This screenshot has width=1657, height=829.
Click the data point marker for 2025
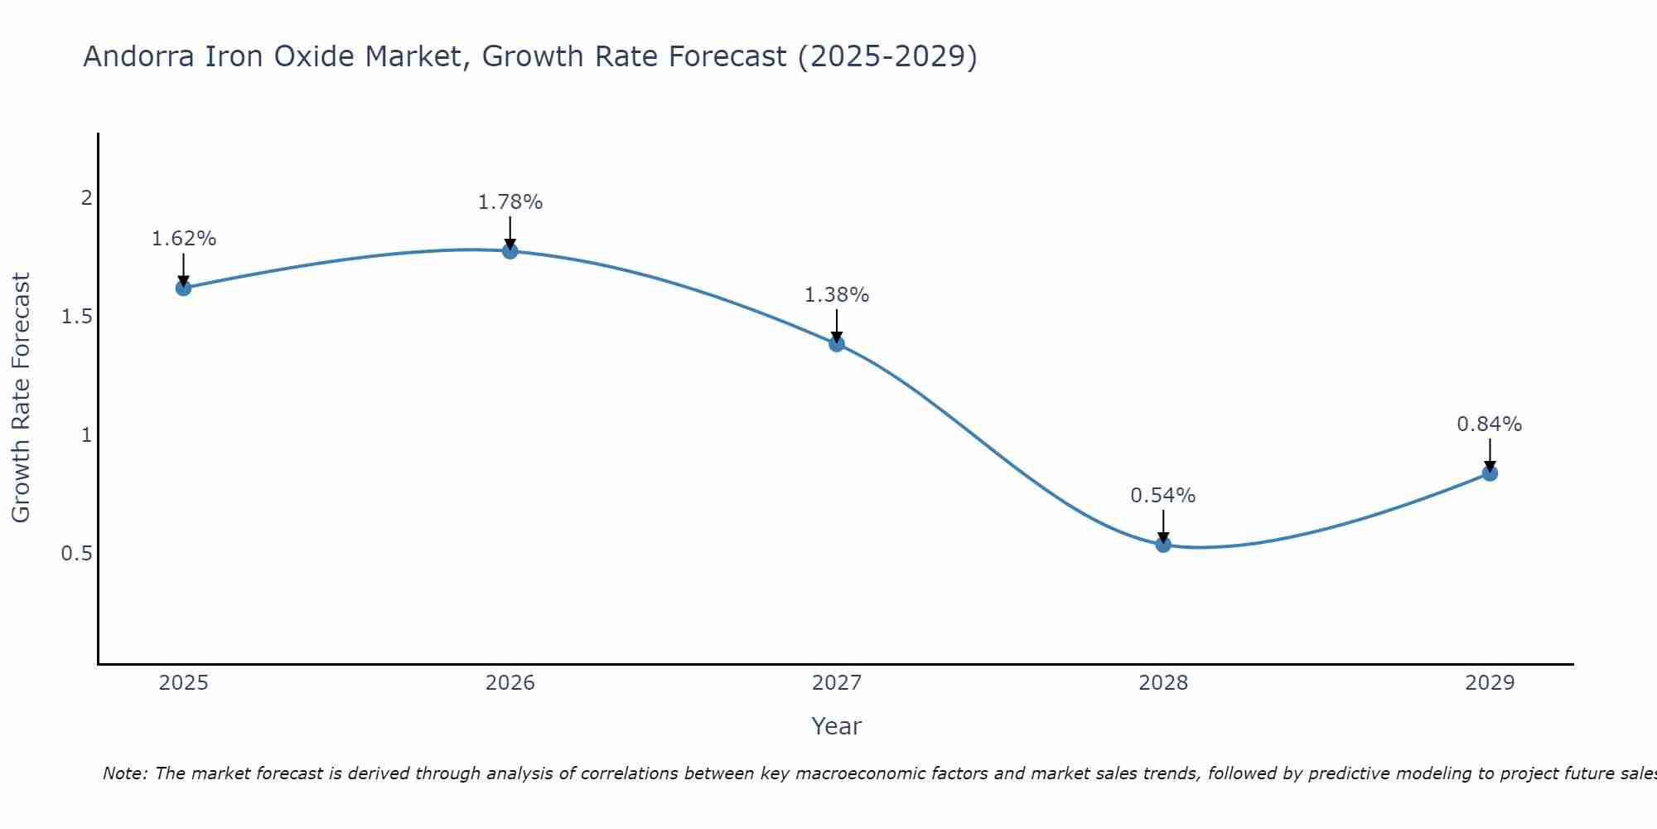(183, 288)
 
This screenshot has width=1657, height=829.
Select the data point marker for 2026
(510, 250)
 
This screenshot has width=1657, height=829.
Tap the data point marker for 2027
(837, 343)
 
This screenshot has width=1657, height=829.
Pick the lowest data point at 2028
(1163, 544)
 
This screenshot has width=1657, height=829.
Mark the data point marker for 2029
(1490, 473)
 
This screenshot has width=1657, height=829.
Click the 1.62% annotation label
(183, 239)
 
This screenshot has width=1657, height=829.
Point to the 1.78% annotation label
(510, 202)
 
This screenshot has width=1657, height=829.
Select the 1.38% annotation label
(837, 295)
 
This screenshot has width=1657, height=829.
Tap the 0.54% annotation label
(1163, 496)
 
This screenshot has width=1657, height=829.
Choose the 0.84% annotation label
(1490, 424)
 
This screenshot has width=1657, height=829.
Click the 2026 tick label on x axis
(510, 683)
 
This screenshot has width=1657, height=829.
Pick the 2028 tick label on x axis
(1163, 683)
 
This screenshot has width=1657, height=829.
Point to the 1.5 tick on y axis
(77, 317)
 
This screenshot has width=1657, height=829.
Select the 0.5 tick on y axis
(77, 553)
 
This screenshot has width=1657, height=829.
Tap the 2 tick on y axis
(86, 198)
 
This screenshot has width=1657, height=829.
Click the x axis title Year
(837, 726)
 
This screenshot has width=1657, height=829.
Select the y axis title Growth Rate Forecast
(21, 398)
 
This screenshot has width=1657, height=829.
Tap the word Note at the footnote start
(124, 773)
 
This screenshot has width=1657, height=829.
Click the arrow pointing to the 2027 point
(837, 327)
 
